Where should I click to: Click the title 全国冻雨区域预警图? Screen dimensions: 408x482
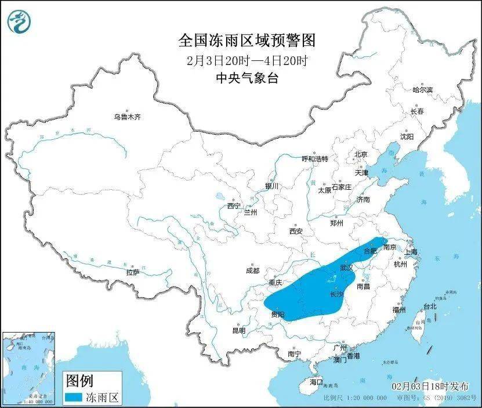tap(247, 40)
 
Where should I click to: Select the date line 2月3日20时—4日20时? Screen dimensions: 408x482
tap(247, 60)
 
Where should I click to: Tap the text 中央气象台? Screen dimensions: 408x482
tap(247, 78)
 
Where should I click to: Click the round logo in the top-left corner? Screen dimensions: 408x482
tap(20, 21)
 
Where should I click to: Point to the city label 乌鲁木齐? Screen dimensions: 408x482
tap(127, 117)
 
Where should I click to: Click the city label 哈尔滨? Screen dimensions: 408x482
tap(422, 90)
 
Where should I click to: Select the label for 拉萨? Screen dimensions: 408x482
tap(132, 272)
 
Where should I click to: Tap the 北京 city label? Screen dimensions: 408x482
tap(361, 154)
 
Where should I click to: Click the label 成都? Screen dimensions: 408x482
tap(252, 270)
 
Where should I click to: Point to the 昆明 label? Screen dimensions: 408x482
tap(238, 330)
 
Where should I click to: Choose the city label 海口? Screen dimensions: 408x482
tap(316, 382)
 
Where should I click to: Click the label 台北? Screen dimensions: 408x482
tap(429, 306)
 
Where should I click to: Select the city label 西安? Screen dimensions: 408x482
tap(296, 231)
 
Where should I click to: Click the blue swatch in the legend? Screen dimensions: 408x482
tap(80, 398)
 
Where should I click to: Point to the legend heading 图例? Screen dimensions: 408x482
tap(79, 381)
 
